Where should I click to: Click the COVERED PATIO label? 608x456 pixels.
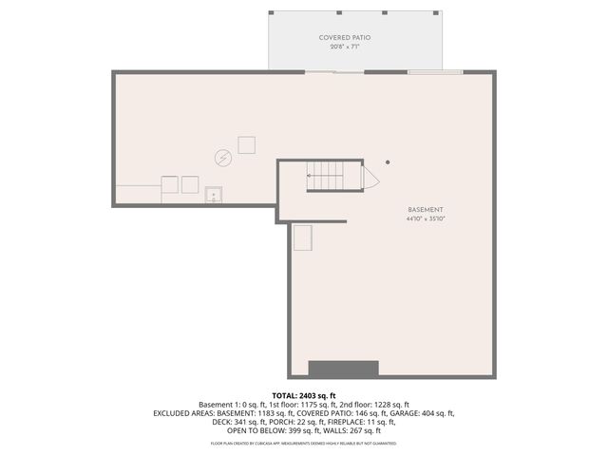coord(344,37)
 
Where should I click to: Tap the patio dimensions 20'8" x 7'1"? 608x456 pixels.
coord(344,46)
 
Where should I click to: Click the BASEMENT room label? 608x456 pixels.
coord(425,210)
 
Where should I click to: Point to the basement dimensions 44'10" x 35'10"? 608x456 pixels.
coord(425,219)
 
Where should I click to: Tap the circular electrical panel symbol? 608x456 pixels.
coord(223,159)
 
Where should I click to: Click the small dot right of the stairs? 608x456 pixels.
coord(387,161)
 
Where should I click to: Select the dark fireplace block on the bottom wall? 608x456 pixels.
coord(344,369)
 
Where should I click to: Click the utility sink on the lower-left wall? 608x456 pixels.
coord(215,196)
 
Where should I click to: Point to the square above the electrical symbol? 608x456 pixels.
coord(247,144)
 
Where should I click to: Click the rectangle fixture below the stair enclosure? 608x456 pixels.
coord(303,237)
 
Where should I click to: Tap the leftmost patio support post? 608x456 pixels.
coord(272,12)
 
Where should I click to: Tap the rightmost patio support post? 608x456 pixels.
coord(439,12)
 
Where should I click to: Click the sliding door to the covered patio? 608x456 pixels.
coord(333,71)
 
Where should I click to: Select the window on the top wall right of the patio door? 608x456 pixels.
coord(434,71)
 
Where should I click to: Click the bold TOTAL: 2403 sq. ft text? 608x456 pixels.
coord(304,395)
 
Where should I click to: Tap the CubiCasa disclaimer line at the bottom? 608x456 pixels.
coord(304,444)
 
